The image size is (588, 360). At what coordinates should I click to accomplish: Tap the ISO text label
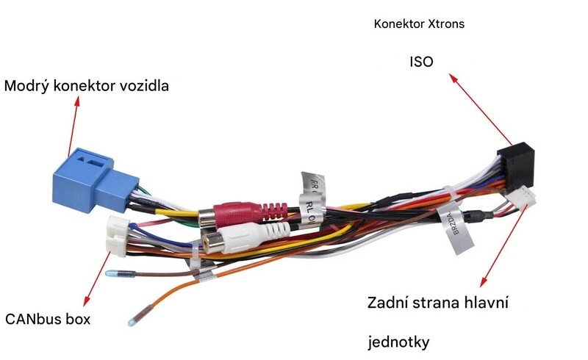tap(420, 62)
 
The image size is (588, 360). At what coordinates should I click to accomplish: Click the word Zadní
tap(387, 302)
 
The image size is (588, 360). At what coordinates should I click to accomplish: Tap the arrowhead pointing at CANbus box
tap(87, 300)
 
